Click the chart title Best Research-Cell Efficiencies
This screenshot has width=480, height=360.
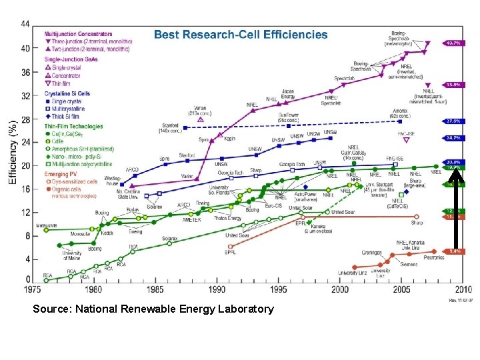coord(241,34)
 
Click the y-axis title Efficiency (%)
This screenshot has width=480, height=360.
coord(12,152)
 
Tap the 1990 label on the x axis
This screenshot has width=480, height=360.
coord(217,289)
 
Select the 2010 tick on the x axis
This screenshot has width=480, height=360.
coord(463,289)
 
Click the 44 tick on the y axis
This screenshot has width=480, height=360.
coord(25,23)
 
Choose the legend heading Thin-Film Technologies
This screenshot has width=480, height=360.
coord(74,126)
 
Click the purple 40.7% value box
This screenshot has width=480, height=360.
coord(453,43)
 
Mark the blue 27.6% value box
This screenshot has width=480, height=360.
coord(453,121)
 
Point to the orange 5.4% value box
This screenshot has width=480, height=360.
coord(453,251)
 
